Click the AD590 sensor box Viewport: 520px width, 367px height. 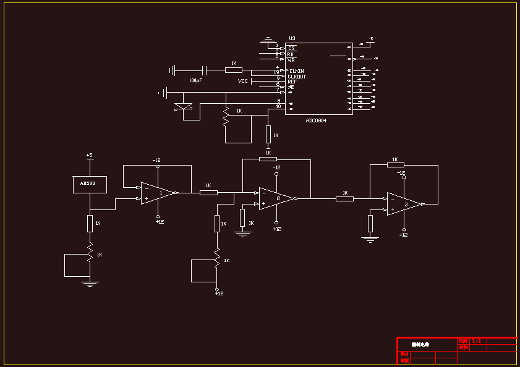tap(90, 183)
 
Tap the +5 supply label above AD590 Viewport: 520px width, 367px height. tap(89, 155)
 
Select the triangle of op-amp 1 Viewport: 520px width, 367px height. tap(157, 193)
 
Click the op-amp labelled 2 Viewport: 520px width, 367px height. tap(276, 198)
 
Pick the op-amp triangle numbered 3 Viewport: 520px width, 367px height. tap(404, 204)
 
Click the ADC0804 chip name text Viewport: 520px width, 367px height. tap(316, 120)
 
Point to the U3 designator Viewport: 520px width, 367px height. tap(292, 38)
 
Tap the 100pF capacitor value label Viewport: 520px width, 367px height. tap(195, 80)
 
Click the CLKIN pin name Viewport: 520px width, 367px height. tap(297, 71)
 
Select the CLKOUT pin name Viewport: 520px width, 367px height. tap(297, 77)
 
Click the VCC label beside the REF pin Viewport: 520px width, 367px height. tap(243, 81)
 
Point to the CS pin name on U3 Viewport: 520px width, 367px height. tap(291, 48)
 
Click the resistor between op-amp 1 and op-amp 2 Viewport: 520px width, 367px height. tap(208, 192)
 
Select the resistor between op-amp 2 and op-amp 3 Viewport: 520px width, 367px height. tap(344, 198)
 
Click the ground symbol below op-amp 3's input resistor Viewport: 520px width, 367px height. tap(370, 238)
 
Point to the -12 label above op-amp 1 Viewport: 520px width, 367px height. tap(157, 160)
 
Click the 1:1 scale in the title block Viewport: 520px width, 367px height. tap(476, 340)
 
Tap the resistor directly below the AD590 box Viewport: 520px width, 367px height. tap(90, 222)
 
